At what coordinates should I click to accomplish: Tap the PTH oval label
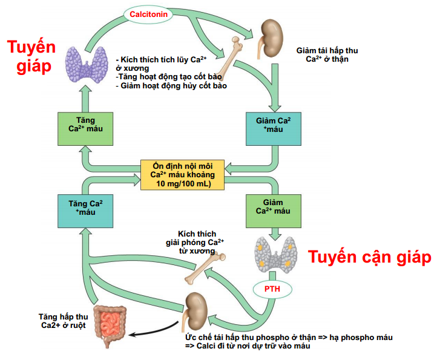(272, 289)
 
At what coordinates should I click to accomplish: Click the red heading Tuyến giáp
(31, 56)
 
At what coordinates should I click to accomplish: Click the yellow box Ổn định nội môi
(182, 174)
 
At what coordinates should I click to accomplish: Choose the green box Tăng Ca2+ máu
(85, 128)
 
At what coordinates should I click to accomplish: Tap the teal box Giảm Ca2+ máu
(274, 128)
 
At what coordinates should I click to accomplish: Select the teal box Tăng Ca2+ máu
(85, 211)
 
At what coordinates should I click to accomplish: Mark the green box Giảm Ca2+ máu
(274, 211)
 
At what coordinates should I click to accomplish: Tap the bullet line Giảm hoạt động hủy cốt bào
(171, 86)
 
